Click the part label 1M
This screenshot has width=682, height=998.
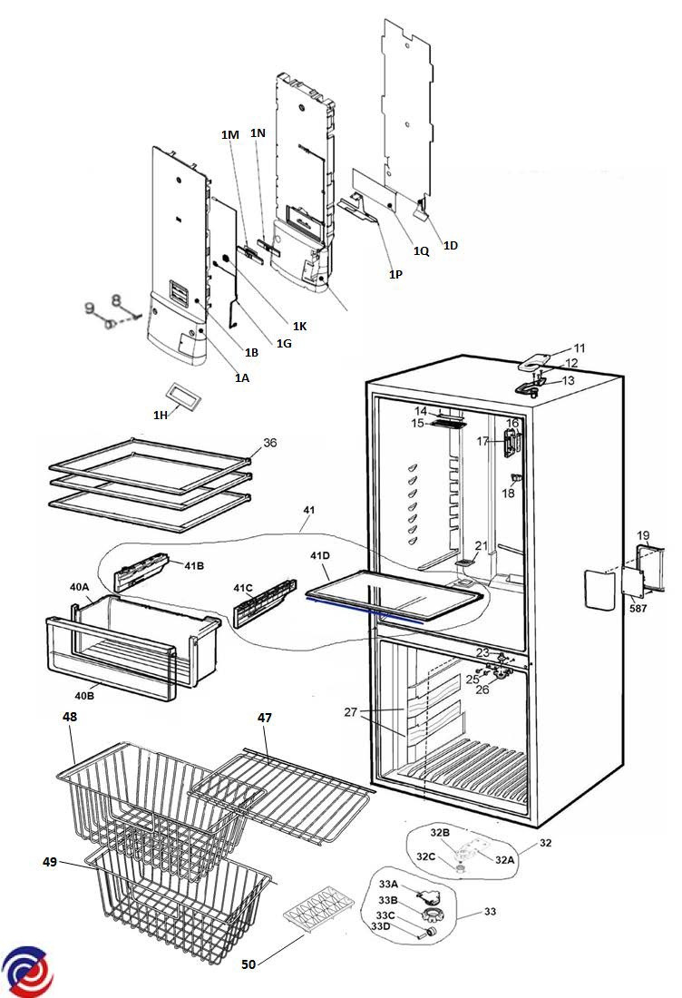tap(229, 134)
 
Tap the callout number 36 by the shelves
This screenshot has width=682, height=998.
tap(270, 443)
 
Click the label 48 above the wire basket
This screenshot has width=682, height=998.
tap(70, 717)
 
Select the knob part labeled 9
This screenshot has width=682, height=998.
tap(105, 322)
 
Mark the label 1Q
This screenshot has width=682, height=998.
tap(421, 251)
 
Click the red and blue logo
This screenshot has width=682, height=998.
tap(27, 971)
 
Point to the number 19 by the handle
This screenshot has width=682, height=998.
tap(642, 536)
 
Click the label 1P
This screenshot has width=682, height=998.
tap(395, 273)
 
